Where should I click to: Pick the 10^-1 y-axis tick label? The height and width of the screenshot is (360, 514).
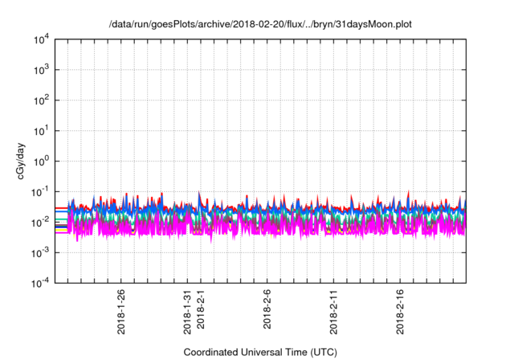pyautogui.click(x=40, y=191)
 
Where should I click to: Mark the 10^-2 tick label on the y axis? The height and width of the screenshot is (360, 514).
pyautogui.click(x=40, y=222)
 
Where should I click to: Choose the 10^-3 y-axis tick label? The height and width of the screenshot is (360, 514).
pyautogui.click(x=40, y=252)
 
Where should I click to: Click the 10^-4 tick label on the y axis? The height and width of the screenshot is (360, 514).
pyautogui.click(x=40, y=282)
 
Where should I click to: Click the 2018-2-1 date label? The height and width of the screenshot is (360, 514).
pyautogui.click(x=201, y=310)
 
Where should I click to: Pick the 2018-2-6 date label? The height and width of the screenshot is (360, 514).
pyautogui.click(x=267, y=310)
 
